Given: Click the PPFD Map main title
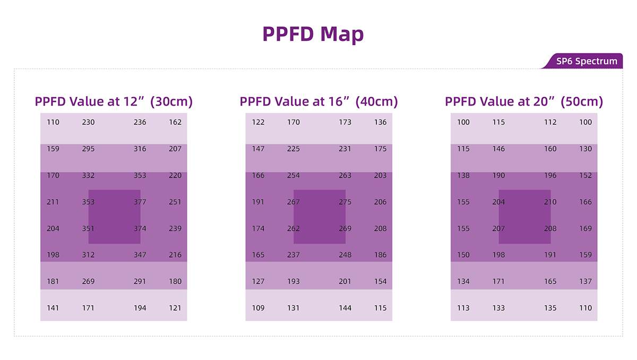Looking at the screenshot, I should pyautogui.click(x=313, y=34).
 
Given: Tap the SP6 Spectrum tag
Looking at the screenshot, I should pyautogui.click(x=587, y=61).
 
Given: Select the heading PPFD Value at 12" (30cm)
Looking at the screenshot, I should pyautogui.click(x=114, y=101).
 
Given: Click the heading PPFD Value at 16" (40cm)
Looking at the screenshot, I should pyautogui.click(x=318, y=101).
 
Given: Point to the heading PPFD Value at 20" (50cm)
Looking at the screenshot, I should pyautogui.click(x=524, y=101).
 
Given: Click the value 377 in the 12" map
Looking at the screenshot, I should pyautogui.click(x=140, y=202).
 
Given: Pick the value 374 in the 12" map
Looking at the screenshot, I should pyautogui.click(x=140, y=228).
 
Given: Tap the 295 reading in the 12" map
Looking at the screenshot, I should pyautogui.click(x=88, y=149).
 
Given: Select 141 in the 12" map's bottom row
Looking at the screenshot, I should pyautogui.click(x=53, y=308).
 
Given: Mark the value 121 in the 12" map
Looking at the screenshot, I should pyautogui.click(x=175, y=308).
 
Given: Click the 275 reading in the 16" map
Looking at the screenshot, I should pyautogui.click(x=345, y=202).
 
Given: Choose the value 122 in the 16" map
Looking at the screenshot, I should pyautogui.click(x=258, y=122).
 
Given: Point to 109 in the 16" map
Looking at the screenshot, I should pyautogui.click(x=258, y=308).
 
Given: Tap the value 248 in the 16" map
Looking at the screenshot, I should pyautogui.click(x=345, y=255).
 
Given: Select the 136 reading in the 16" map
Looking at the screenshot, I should pyautogui.click(x=380, y=122).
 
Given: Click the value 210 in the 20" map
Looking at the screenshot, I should pyautogui.click(x=550, y=202).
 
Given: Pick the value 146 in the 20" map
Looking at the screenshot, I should pyautogui.click(x=498, y=149).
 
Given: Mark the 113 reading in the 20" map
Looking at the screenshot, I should pyautogui.click(x=463, y=308).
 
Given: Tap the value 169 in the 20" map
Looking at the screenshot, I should pyautogui.click(x=586, y=228).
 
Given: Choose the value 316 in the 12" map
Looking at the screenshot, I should pyautogui.click(x=140, y=149).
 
